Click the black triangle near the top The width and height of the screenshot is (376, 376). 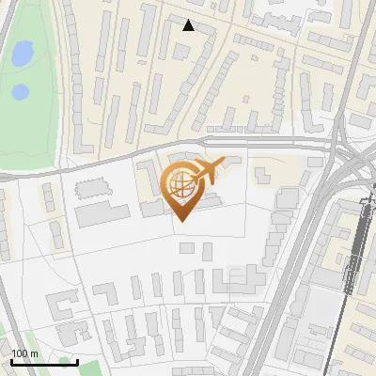point(189,25)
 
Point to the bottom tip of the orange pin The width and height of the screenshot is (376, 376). point(180,221)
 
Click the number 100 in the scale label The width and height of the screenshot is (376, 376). point(19,353)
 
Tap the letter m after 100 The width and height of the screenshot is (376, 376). point(35,353)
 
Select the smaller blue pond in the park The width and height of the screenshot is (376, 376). point(20,92)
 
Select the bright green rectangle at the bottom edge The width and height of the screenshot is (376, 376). point(65,363)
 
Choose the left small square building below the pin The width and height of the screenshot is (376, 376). point(186,248)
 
